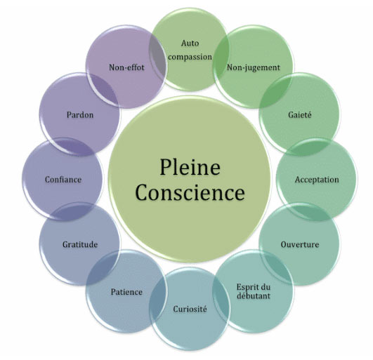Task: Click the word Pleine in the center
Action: click(190, 167)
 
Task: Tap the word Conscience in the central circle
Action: click(190, 192)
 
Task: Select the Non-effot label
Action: click(126, 67)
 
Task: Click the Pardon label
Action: click(80, 115)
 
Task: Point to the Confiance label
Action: click(63, 180)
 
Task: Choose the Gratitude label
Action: click(80, 244)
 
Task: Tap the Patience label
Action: click(126, 292)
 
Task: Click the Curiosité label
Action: click(190, 309)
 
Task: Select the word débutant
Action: click(254, 296)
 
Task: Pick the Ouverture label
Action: click(300, 244)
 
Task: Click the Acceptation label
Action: click(317, 180)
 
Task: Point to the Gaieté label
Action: click(300, 115)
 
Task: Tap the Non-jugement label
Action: click(254, 67)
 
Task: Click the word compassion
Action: click(190, 57)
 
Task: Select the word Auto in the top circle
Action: click(190, 44)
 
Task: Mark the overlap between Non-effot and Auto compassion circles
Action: click(157, 58)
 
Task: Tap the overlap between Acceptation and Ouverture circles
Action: click(309, 211)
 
